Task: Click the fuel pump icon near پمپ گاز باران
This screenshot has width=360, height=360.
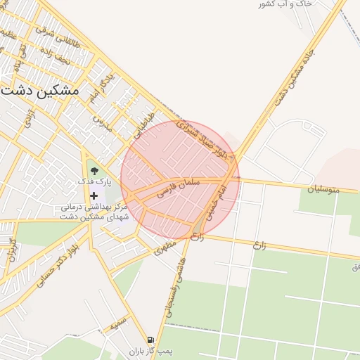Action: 150,340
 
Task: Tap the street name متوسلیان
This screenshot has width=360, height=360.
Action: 323,188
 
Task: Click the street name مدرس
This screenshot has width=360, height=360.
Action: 103,124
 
